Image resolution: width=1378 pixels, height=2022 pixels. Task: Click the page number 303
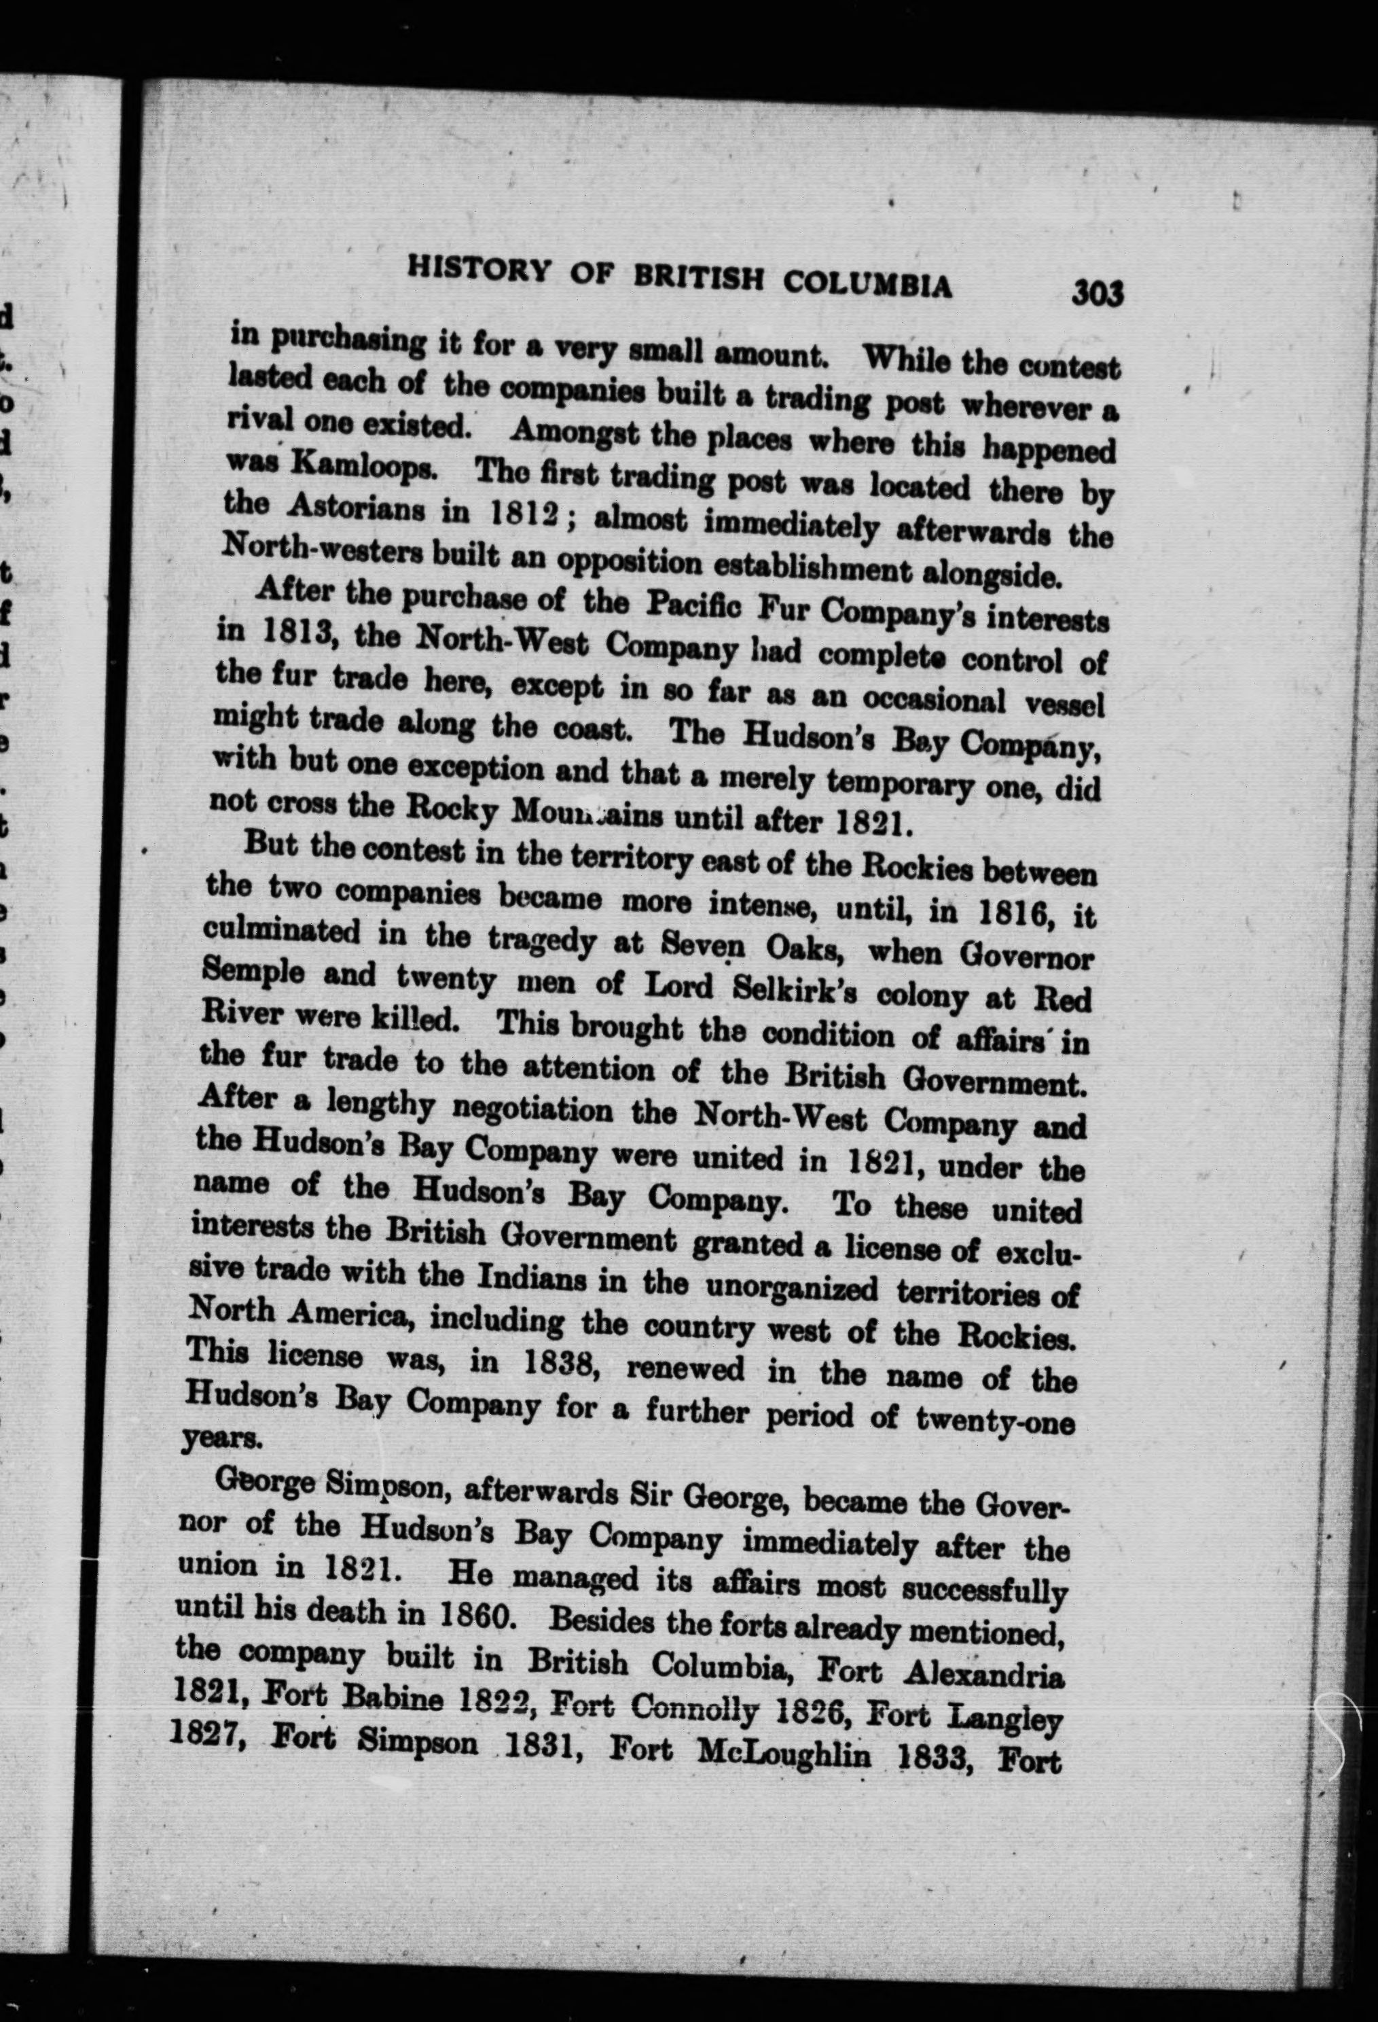pos(1098,294)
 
